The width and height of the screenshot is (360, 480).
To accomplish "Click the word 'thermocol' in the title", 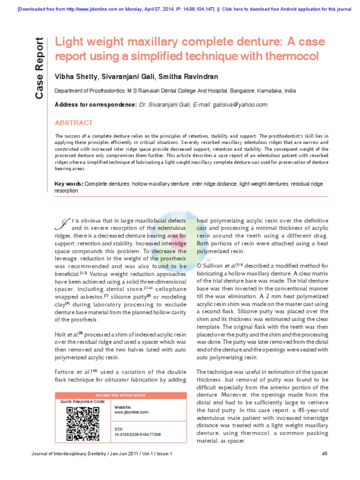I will coord(289,56).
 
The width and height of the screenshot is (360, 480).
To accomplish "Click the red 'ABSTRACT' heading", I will coord(74,123).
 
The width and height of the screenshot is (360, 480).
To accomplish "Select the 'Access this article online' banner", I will coord(120,395).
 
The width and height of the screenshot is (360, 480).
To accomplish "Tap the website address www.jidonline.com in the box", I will coord(131,412).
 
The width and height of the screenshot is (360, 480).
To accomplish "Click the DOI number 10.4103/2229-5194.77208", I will coord(137,435).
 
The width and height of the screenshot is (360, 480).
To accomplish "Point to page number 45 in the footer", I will coord(325,454).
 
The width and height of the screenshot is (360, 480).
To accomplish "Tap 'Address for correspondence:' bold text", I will coord(96,105).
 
